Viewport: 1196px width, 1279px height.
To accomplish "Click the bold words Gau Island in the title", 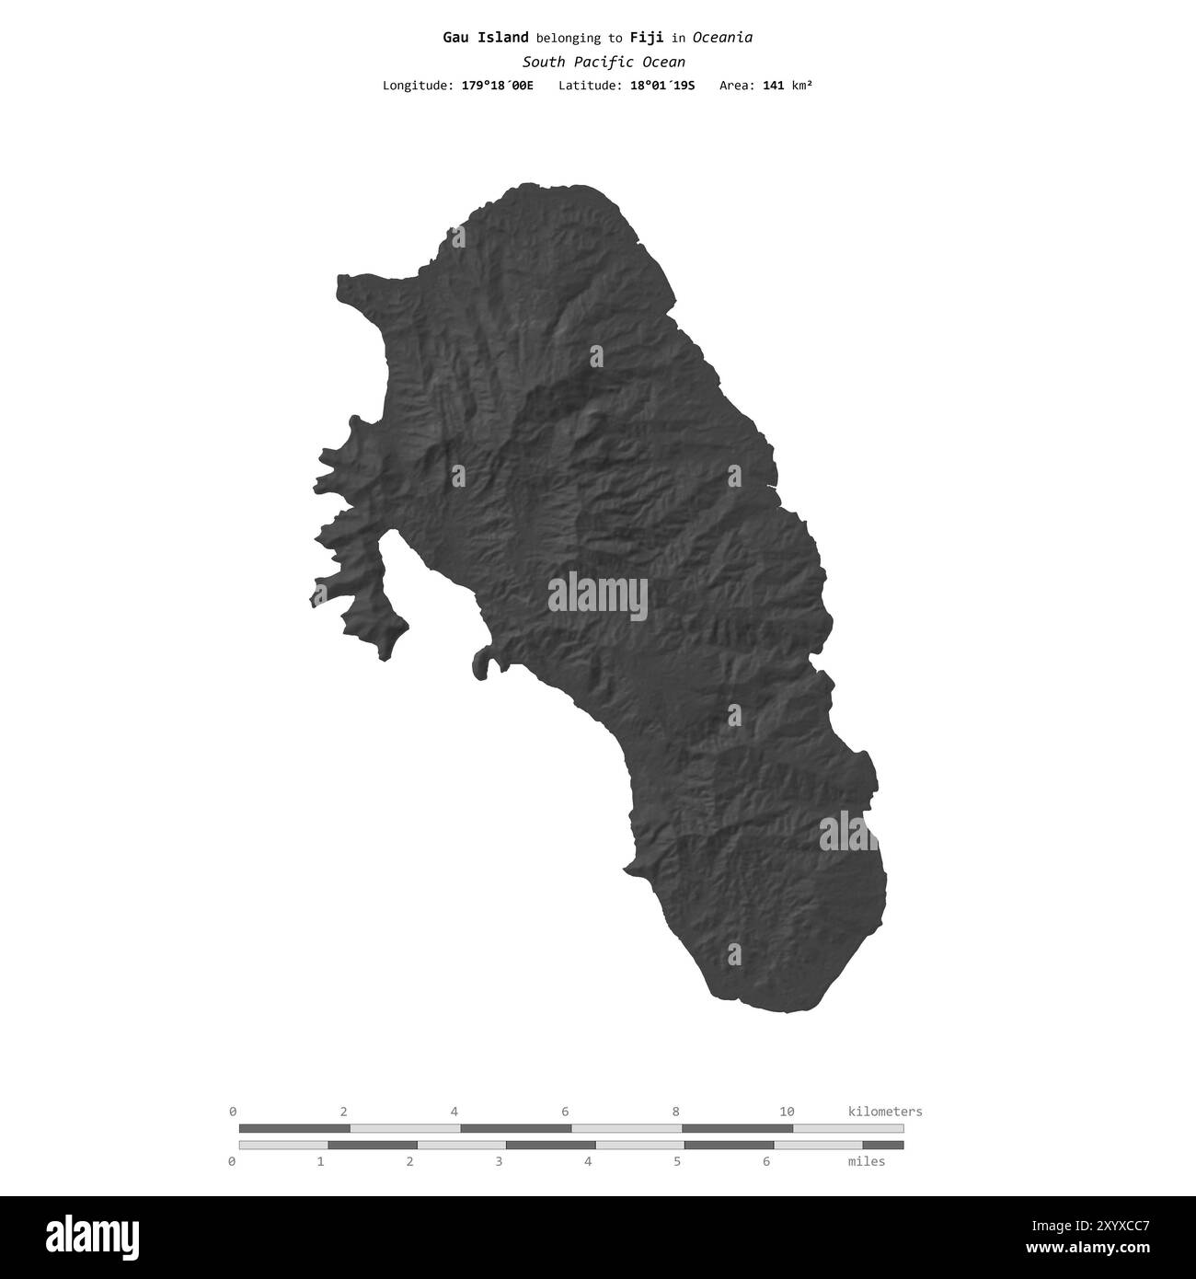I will click(x=485, y=38).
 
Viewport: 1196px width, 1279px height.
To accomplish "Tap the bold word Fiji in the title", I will click(x=647, y=38).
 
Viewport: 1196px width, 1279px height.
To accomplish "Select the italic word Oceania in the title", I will click(x=722, y=38).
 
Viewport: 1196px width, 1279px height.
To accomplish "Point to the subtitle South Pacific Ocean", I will click(x=604, y=63).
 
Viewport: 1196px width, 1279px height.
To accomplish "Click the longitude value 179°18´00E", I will click(x=497, y=86).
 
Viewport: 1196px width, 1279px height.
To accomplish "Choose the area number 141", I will click(x=774, y=86).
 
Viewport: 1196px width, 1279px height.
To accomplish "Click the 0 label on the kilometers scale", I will click(x=233, y=1112).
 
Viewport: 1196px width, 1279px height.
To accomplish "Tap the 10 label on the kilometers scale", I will click(x=787, y=1112).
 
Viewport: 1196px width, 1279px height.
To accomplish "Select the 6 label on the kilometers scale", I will click(x=565, y=1112).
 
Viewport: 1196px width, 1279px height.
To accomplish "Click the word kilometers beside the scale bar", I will click(x=884, y=1112).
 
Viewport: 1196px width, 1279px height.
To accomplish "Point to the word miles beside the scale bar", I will click(x=866, y=1161).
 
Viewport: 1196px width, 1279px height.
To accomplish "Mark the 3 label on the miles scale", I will click(x=499, y=1161).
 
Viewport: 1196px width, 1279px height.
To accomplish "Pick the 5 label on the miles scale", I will click(x=677, y=1161).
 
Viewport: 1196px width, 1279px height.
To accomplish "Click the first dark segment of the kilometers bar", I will click(x=294, y=1128).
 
